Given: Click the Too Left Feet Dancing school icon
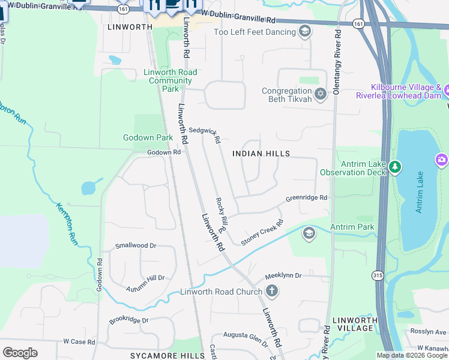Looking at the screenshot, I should pyautogui.click(x=305, y=31).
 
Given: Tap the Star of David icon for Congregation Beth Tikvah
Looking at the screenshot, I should pyautogui.click(x=321, y=94).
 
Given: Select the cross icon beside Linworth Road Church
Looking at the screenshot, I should pyautogui.click(x=272, y=292).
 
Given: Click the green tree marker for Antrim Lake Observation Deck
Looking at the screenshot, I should pyautogui.click(x=394, y=166).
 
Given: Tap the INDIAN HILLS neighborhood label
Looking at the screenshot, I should pyautogui.click(x=261, y=154).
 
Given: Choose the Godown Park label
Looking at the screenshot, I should pyautogui.click(x=148, y=137).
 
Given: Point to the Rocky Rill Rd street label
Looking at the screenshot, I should pyautogui.click(x=220, y=215).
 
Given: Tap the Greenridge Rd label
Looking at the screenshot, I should pyautogui.click(x=306, y=197).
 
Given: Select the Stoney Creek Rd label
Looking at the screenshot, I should pyautogui.click(x=262, y=232).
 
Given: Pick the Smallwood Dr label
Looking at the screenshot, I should pyautogui.click(x=136, y=245).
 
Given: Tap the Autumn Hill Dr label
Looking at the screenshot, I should pyautogui.click(x=145, y=283).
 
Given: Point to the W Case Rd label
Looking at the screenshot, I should pyautogui.click(x=79, y=341).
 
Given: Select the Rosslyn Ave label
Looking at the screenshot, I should pyautogui.click(x=429, y=331).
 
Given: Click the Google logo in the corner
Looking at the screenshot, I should pyautogui.click(x=20, y=352).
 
